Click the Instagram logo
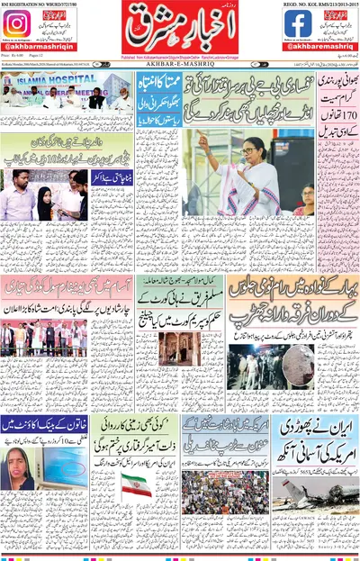pyautogui.click(x=16, y=23)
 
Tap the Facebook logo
pyautogui.click(x=298, y=23)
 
